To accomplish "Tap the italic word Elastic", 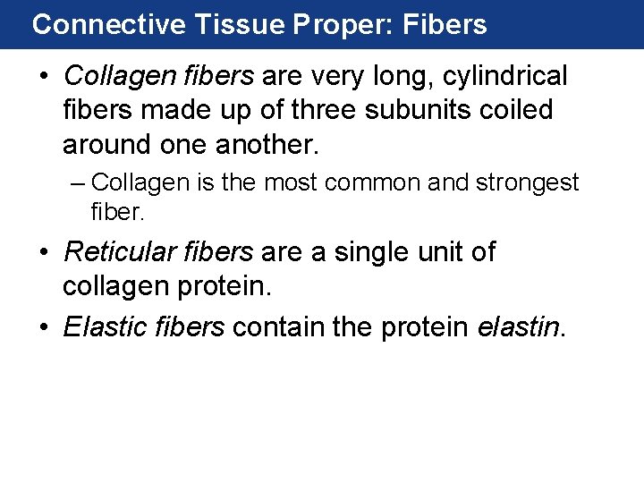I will (101, 326).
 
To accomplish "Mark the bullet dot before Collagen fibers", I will (44, 77).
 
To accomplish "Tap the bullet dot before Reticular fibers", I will (44, 254).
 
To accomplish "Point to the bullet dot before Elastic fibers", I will (44, 327).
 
